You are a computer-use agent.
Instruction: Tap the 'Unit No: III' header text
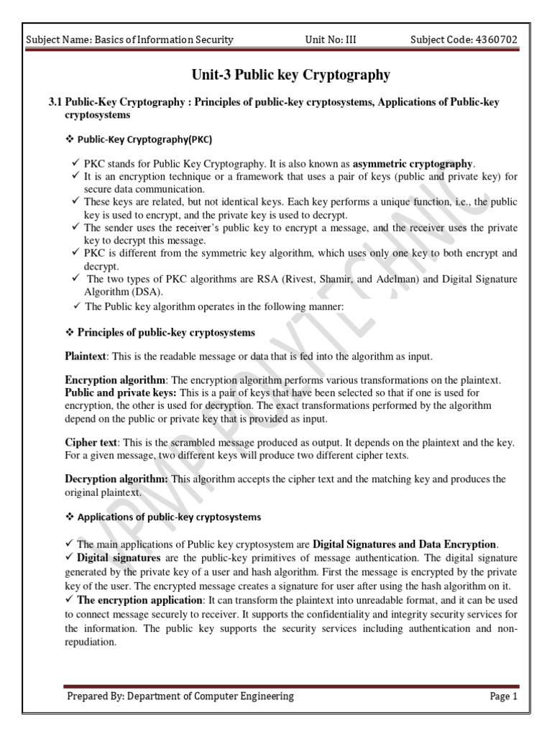click(331, 40)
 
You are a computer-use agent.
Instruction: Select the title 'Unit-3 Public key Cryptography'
click(290, 75)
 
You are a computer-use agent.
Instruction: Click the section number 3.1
click(57, 103)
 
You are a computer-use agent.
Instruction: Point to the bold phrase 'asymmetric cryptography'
click(413, 163)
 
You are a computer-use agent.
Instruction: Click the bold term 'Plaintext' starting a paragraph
click(86, 356)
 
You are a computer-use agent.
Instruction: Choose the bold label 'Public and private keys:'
click(120, 393)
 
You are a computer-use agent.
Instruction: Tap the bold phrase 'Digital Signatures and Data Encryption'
click(405, 544)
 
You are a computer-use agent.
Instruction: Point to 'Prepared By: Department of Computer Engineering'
click(180, 696)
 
